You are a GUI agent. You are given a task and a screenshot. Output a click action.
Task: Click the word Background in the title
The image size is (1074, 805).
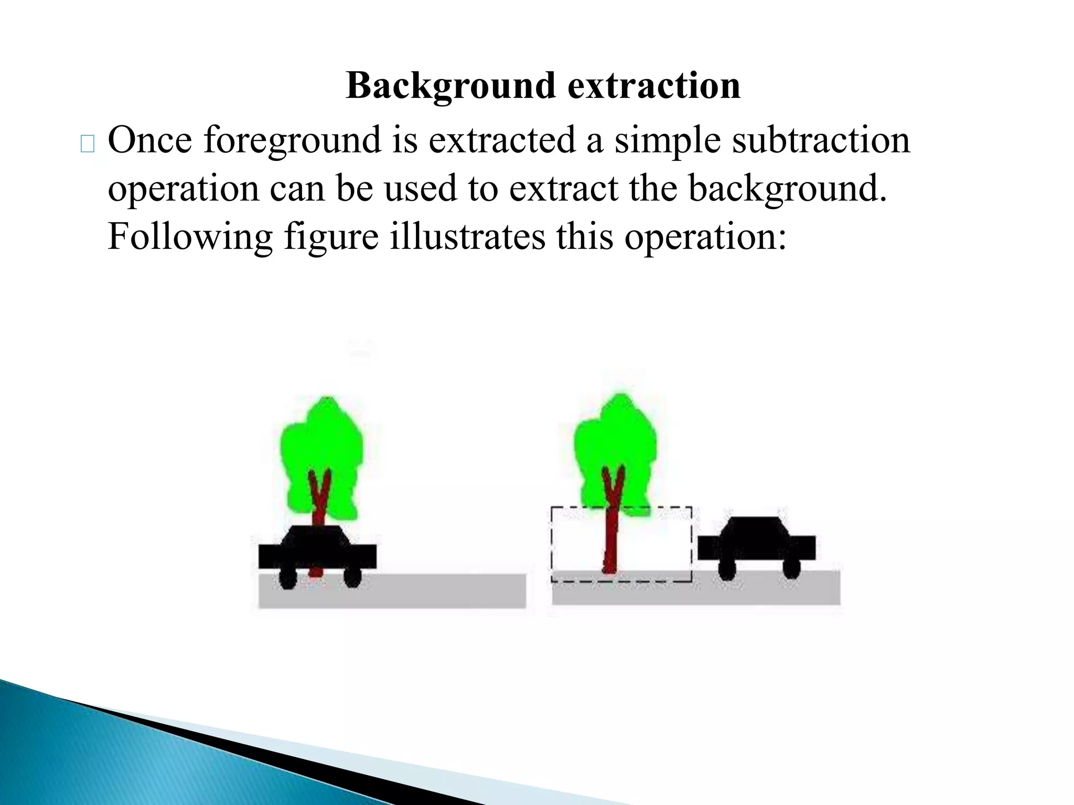pyautogui.click(x=451, y=86)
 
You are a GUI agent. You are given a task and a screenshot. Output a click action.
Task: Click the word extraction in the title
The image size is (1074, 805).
pyautogui.click(x=654, y=86)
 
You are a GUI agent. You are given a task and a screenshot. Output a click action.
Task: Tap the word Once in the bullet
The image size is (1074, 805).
pyautogui.click(x=150, y=140)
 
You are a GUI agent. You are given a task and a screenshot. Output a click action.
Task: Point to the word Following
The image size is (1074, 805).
pyautogui.click(x=190, y=237)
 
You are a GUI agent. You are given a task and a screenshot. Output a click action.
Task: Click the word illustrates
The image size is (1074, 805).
pyautogui.click(x=467, y=237)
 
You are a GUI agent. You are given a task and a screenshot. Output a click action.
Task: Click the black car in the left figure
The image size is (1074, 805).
pyautogui.click(x=317, y=550)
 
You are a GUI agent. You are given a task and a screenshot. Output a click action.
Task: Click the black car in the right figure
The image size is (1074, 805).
pyautogui.click(x=756, y=545)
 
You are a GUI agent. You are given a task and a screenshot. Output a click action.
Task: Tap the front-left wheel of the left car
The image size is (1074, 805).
pyautogui.click(x=287, y=578)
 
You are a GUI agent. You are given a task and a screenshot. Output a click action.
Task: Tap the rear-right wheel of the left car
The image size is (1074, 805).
pyautogui.click(x=352, y=577)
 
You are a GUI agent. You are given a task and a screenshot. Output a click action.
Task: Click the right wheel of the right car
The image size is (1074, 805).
pyautogui.click(x=791, y=569)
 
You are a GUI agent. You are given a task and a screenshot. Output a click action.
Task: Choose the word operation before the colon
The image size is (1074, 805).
pyautogui.click(x=705, y=237)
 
